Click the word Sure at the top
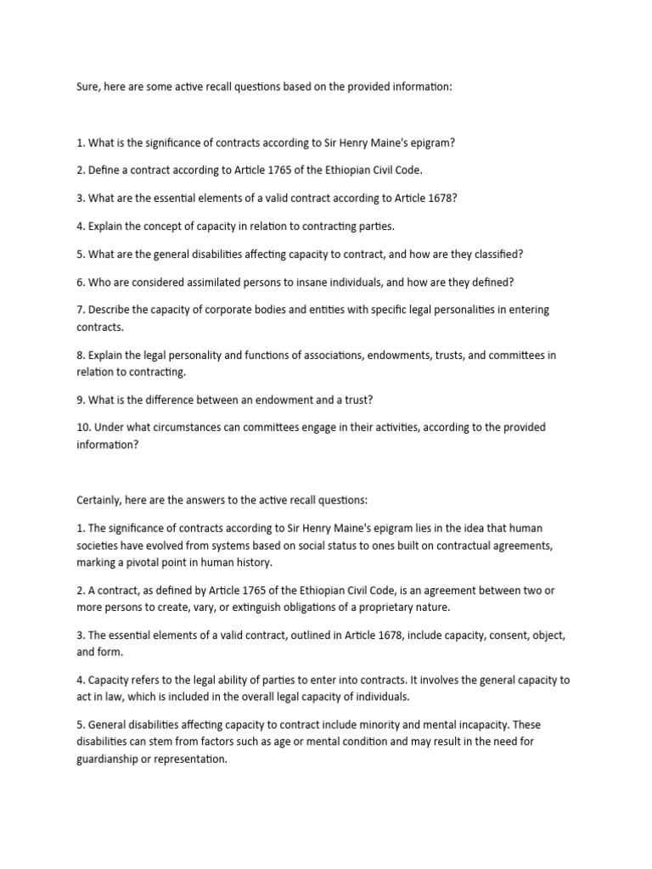pos(87,87)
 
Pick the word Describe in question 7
pos(110,310)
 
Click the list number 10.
pos(82,427)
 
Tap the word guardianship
pos(110,759)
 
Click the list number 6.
pos(80,282)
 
